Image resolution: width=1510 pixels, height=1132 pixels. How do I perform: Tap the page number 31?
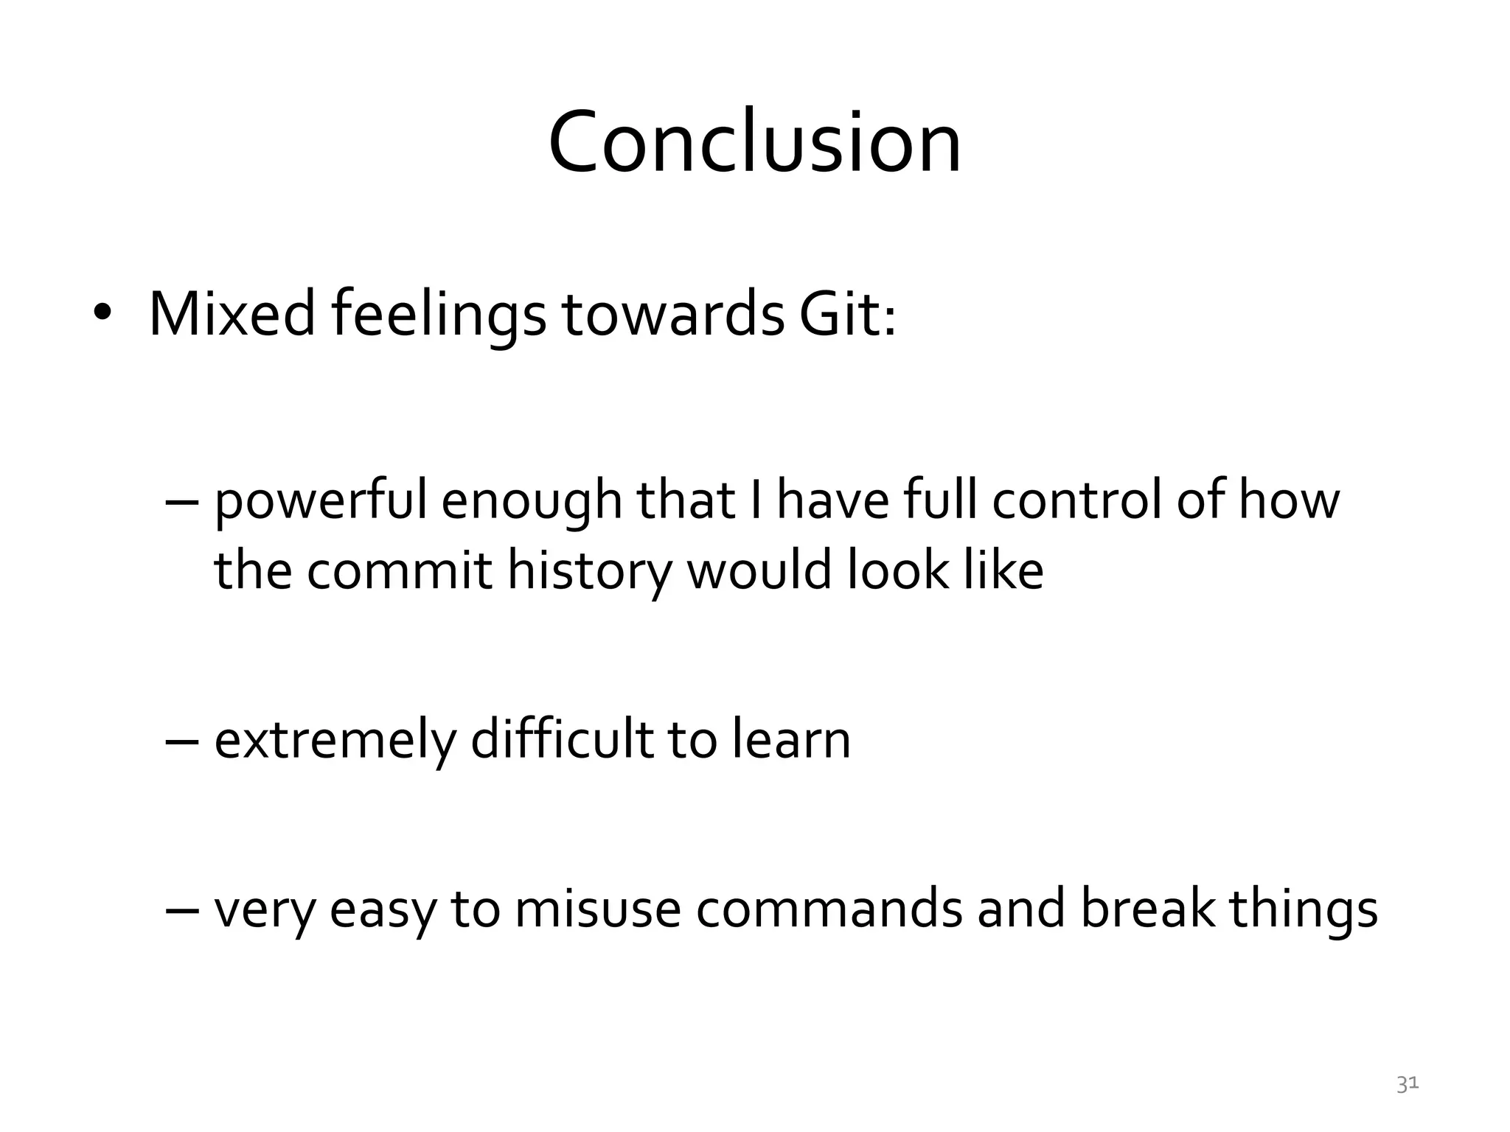point(1408,1084)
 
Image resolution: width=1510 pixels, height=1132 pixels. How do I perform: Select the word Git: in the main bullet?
point(848,315)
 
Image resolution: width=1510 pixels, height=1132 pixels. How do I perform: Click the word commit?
point(399,571)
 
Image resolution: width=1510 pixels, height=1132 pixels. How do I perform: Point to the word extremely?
point(335,741)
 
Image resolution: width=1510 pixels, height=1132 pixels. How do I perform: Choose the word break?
point(1147,909)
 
